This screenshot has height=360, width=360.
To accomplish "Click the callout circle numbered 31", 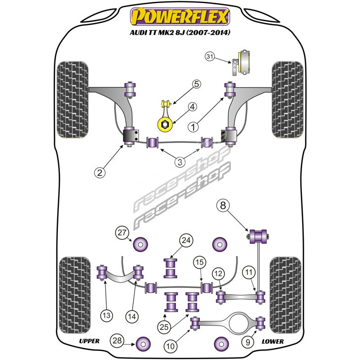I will point(210,57).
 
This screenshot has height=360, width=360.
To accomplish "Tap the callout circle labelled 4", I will point(192,107).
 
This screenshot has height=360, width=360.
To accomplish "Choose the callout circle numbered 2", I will point(100,172).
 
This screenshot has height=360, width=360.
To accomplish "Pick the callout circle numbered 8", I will point(224,207).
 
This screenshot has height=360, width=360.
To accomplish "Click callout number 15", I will point(199,262).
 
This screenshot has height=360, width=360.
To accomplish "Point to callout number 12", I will point(218,273).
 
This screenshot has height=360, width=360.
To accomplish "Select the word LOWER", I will point(272,341).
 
